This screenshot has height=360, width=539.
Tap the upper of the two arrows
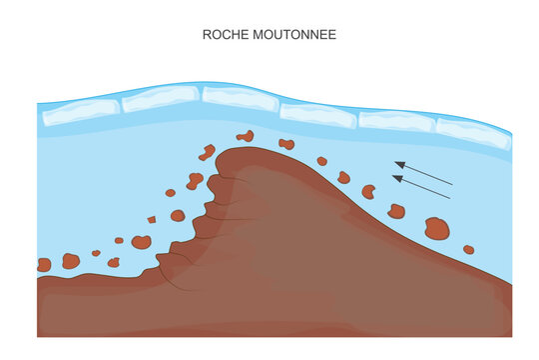click(423, 172)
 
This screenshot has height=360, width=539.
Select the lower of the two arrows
click(421, 187)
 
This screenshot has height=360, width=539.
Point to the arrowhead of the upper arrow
click(398, 163)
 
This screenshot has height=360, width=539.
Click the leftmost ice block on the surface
click(80, 110)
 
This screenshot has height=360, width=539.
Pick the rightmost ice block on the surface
click(473, 132)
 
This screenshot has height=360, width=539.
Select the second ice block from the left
click(160, 98)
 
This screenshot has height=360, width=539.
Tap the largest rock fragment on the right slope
click(437, 229)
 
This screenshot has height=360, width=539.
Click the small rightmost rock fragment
click(469, 249)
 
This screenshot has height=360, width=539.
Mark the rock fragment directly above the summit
click(245, 136)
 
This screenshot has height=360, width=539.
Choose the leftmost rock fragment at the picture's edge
click(44, 265)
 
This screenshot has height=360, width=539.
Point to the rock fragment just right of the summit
click(287, 144)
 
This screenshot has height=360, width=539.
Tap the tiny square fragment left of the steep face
click(152, 219)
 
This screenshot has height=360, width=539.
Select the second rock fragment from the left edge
click(71, 261)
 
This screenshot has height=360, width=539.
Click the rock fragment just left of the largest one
click(396, 211)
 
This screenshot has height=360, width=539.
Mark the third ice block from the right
click(318, 115)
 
